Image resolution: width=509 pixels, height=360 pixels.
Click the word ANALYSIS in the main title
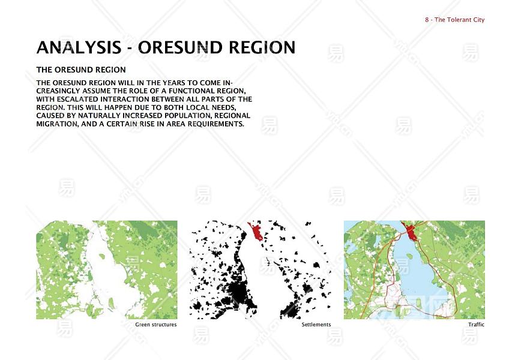click(x=79, y=47)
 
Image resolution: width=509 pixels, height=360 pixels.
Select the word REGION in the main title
click(x=262, y=47)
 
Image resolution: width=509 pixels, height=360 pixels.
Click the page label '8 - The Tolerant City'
click(x=454, y=20)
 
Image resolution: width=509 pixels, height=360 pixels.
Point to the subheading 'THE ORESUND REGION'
click(x=81, y=70)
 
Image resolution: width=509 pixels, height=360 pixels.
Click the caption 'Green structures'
click(x=156, y=325)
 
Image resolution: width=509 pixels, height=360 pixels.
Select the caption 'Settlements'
click(x=316, y=325)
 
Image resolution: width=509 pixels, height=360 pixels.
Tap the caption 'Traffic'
click(x=476, y=325)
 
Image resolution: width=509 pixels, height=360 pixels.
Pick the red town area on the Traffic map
click(x=410, y=230)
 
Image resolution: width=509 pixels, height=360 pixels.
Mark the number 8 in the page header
click(x=427, y=20)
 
